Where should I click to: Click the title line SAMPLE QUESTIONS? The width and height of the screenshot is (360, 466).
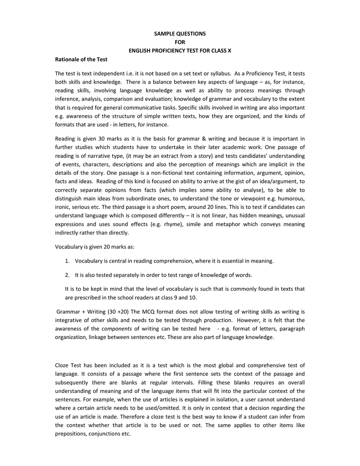(x=179, y=34)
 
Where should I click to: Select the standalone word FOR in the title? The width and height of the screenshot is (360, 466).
(x=179, y=42)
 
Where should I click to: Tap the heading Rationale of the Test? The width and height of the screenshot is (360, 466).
(x=81, y=59)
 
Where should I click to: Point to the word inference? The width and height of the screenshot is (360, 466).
(x=68, y=99)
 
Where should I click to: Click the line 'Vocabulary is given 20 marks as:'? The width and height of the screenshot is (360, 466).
(x=95, y=246)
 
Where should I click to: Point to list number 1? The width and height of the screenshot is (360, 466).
(x=67, y=261)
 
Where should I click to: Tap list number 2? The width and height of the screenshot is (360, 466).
(x=67, y=275)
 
